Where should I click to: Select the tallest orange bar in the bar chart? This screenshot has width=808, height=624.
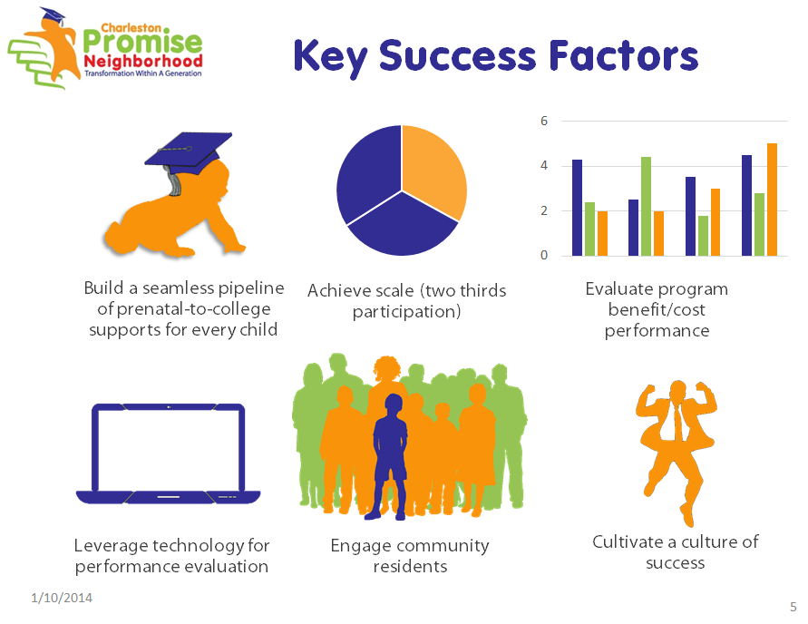(x=772, y=200)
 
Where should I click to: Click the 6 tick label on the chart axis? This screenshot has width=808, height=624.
(x=543, y=122)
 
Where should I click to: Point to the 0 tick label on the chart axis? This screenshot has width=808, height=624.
(x=543, y=255)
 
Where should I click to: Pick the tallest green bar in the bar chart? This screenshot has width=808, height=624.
(x=646, y=206)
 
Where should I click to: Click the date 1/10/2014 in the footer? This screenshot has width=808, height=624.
(x=62, y=598)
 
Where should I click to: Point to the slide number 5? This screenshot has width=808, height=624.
(x=793, y=607)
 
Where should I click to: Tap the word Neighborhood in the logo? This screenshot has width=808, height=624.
(x=143, y=62)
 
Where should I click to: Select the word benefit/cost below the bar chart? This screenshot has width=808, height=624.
(x=657, y=309)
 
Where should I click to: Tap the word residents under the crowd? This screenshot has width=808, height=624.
(x=410, y=566)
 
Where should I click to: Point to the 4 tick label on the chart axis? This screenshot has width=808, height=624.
(x=543, y=166)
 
